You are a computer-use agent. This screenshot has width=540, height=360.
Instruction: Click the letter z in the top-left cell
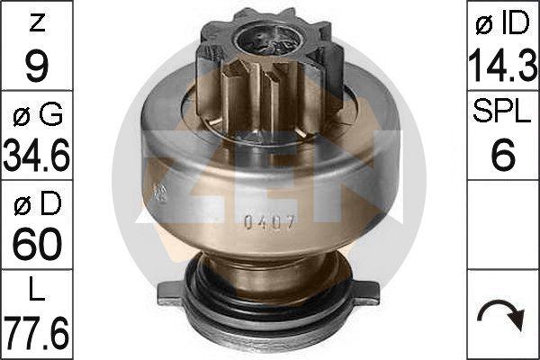pyautogui.click(x=37, y=24)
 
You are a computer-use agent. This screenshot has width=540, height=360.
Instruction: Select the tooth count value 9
pyautogui.click(x=37, y=67)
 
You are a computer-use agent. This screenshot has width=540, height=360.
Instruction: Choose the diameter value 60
pyautogui.click(x=37, y=246)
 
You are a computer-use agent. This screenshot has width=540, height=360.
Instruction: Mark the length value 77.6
pyautogui.click(x=37, y=332)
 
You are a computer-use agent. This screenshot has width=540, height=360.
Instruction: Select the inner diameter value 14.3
pyautogui.click(x=503, y=66)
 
